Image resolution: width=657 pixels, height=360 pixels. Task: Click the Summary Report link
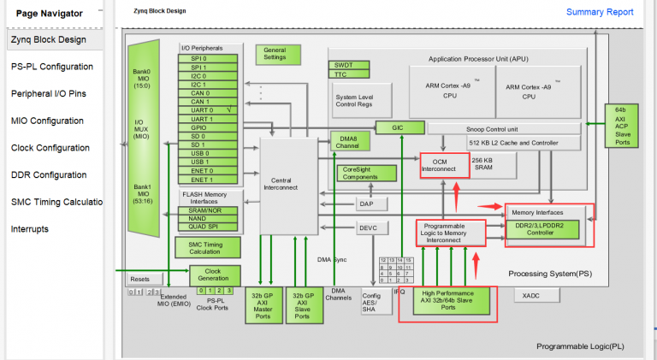coord(600,12)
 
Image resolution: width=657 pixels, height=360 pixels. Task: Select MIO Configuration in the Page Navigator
coord(47,121)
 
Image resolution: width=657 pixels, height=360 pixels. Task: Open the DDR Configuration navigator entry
coord(49,174)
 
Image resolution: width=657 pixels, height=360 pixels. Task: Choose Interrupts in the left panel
coord(29,229)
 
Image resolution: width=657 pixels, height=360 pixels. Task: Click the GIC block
coord(397,127)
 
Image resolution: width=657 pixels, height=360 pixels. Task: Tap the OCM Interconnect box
coord(445,165)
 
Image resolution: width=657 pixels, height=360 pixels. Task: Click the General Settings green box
coord(275,54)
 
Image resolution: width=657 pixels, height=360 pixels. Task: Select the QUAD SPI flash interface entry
coord(202,227)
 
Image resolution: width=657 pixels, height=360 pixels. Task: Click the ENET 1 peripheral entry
coord(202,180)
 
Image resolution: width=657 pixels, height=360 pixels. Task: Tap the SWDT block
coord(341,65)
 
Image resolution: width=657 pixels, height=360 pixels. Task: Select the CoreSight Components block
coord(368,173)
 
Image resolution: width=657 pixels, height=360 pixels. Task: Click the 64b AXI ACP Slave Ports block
coord(622,125)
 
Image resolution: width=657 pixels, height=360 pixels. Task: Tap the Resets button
coord(141,280)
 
